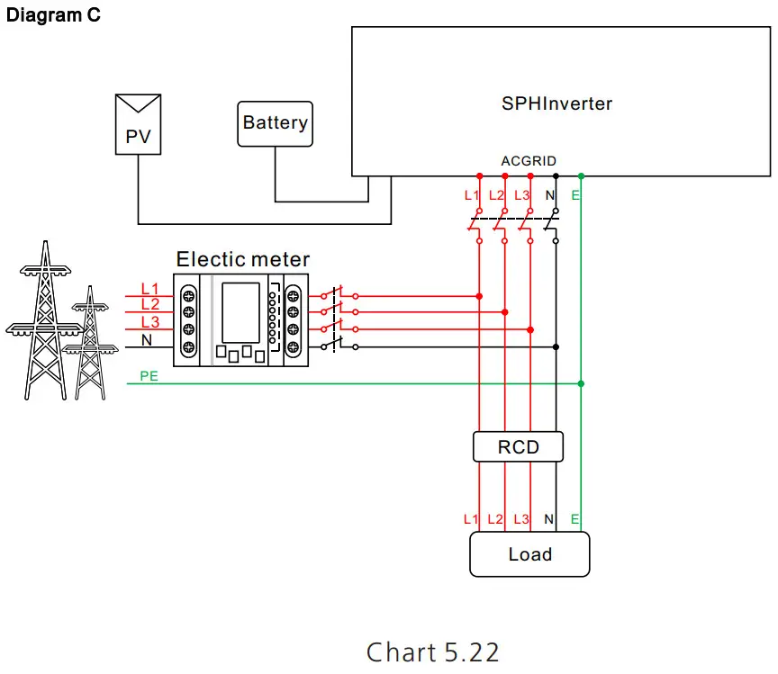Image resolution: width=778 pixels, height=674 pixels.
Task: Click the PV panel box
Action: coord(138,125)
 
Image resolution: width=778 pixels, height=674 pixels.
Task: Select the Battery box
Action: coord(275,123)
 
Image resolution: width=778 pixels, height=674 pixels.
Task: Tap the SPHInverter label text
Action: coord(556,103)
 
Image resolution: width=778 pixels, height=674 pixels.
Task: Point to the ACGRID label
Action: coord(529,160)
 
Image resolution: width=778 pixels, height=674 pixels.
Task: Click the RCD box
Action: coord(518,446)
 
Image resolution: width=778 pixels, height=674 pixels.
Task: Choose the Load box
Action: coord(529,554)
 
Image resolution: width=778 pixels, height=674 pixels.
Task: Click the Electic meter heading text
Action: coord(243,260)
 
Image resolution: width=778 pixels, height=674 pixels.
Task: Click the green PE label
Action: coord(149,376)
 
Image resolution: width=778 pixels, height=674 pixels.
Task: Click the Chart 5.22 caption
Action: coord(432,651)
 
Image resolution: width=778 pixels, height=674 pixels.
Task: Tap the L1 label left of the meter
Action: coord(149,289)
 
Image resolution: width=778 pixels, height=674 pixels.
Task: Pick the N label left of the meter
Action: coord(147,340)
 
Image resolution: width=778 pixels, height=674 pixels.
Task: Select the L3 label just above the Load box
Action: coord(521,519)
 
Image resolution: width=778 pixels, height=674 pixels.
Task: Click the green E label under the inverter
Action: coord(575,195)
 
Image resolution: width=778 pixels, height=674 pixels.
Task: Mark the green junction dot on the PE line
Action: coord(581,384)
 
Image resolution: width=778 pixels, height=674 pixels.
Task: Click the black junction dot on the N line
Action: coord(556,346)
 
